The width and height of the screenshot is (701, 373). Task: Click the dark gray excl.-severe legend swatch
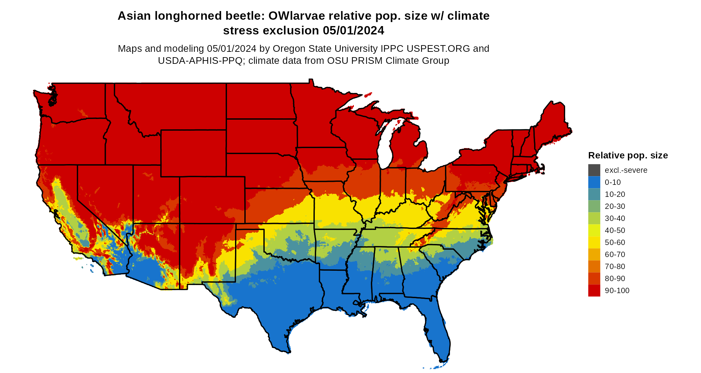(594, 170)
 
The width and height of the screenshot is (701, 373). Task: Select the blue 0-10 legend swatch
(594, 182)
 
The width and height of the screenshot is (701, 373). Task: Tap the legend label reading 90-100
(617, 290)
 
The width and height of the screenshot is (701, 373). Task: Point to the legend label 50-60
(615, 242)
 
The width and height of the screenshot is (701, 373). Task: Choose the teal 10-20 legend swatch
(594, 194)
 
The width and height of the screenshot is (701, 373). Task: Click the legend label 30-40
(615, 218)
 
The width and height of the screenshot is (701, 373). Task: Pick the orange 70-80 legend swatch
(594, 266)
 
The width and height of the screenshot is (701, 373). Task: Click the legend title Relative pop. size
(628, 155)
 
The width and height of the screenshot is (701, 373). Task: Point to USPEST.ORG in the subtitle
(438, 48)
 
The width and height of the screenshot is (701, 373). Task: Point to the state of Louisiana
(334, 287)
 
